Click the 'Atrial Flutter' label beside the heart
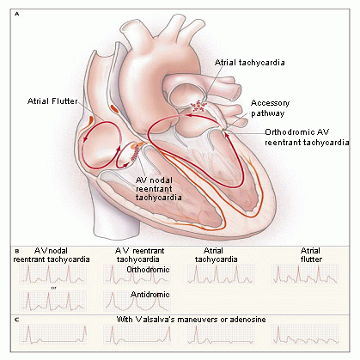[x=52, y=101]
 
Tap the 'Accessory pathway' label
[x=271, y=108]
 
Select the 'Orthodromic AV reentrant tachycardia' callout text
[x=307, y=137]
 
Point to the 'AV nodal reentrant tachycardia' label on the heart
[x=158, y=189]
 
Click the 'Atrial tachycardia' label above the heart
[x=250, y=63]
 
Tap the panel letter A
[x=17, y=14]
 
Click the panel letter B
[x=17, y=251]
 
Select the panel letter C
[x=17, y=320]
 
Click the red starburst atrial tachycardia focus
[x=199, y=106]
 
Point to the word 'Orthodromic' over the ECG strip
[x=148, y=270]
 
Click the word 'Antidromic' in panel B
[x=150, y=295]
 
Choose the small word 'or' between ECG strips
[x=53, y=288]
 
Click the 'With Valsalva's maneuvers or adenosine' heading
[x=191, y=320]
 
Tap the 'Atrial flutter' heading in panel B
[x=311, y=255]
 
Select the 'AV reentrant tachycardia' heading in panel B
[x=139, y=255]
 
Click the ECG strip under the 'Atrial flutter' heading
[x=305, y=274]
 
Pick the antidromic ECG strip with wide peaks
[x=137, y=301]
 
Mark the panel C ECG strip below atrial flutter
[x=305, y=334]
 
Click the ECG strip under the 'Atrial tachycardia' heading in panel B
[x=221, y=274]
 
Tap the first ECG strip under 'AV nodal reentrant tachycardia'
[x=52, y=274]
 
